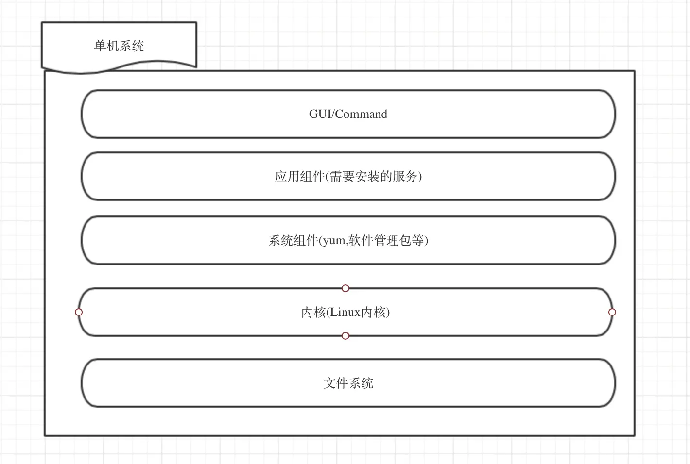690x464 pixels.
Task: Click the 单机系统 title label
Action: [119, 46]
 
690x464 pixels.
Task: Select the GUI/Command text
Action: [348, 114]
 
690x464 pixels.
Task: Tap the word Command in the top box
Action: [361, 114]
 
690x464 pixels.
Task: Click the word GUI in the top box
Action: [320, 114]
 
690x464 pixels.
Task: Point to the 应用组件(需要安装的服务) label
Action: [348, 176]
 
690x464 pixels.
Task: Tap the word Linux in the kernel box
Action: [345, 312]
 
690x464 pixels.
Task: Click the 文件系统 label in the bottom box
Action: [348, 383]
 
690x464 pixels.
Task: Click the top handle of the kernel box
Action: [345, 288]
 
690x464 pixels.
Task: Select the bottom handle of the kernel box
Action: [345, 336]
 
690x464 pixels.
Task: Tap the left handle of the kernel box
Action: [79, 312]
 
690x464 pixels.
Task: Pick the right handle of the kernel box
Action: [612, 312]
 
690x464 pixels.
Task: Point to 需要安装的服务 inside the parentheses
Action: [373, 176]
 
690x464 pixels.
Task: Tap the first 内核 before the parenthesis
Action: [313, 312]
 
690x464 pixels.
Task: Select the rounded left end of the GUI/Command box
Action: [84, 114]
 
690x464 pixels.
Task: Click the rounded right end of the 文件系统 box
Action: [613, 383]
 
